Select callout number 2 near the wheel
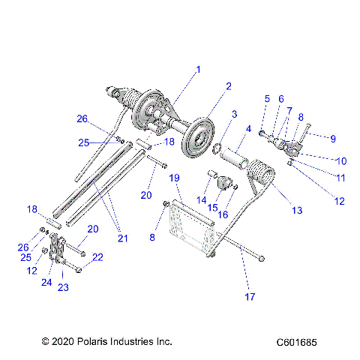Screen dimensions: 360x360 [228, 86]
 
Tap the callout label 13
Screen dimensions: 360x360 [297, 211]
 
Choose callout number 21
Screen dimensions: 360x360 [123, 238]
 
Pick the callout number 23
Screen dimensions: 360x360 [63, 286]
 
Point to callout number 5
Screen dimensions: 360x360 [266, 99]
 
